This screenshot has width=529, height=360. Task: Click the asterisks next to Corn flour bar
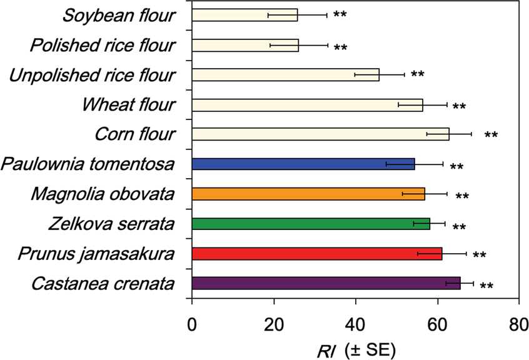[x=491, y=136]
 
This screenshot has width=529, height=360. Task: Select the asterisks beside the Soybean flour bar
[x=340, y=15]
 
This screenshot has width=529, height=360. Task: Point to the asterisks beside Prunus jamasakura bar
[x=479, y=256]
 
